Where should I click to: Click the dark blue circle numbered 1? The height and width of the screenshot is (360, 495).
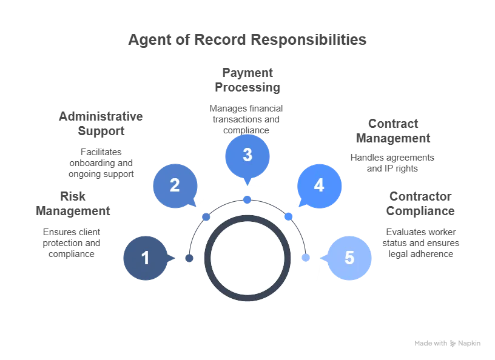(146, 258)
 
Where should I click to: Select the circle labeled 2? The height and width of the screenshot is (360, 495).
(175, 185)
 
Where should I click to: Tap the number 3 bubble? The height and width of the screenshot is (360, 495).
(247, 155)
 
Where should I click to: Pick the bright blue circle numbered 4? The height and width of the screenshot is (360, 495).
(319, 185)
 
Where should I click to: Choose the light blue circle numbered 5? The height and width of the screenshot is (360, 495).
(349, 258)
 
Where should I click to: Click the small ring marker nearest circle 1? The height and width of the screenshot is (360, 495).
(189, 258)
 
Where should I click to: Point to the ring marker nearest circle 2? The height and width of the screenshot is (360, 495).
(206, 216)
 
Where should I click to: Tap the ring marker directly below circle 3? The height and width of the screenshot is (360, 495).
(247, 199)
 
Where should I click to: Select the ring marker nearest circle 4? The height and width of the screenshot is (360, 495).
(289, 216)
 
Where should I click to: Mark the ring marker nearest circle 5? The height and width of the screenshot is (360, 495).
(306, 258)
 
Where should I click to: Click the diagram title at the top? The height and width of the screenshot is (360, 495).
(247, 42)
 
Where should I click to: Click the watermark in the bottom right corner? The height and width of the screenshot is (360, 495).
(446, 344)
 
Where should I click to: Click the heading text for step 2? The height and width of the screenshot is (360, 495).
(102, 123)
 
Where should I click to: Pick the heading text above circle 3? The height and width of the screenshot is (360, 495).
(247, 81)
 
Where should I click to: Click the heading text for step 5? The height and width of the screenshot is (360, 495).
(420, 204)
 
